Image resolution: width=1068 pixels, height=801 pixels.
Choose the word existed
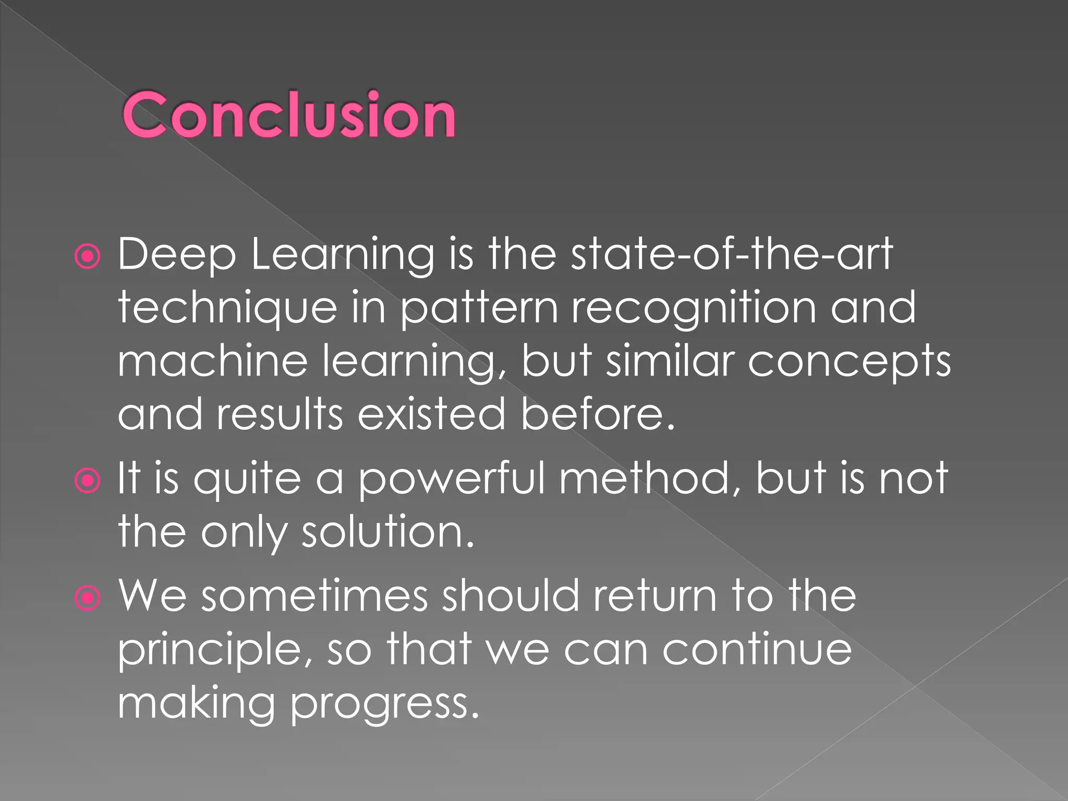(431, 415)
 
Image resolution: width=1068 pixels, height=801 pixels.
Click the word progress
(384, 705)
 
